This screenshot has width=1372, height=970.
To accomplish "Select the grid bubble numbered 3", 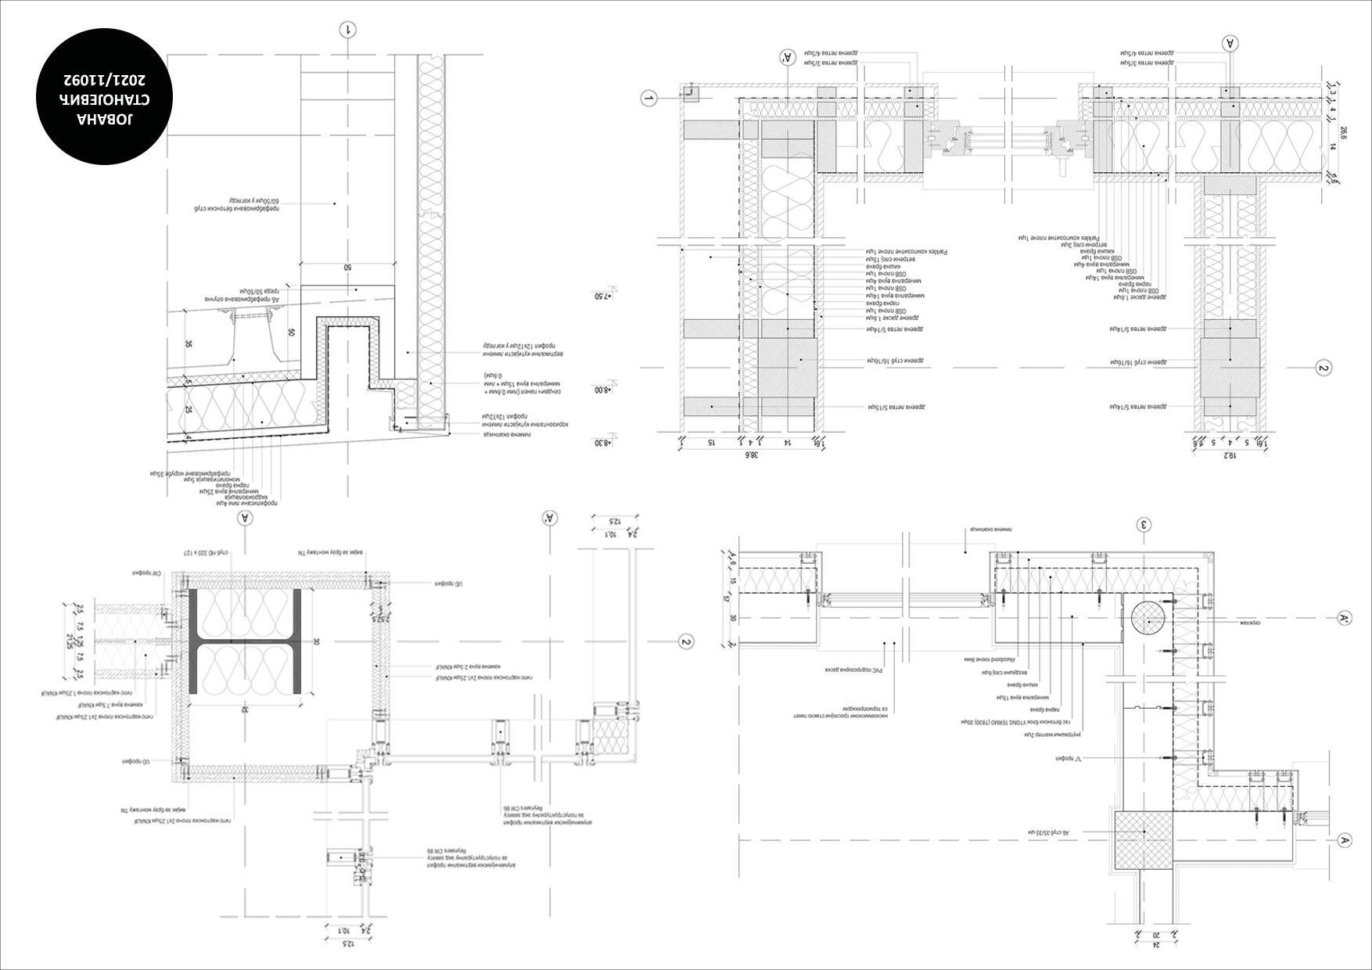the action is click(1144, 524).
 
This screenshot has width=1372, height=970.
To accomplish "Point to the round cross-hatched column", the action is click(1148, 619).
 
